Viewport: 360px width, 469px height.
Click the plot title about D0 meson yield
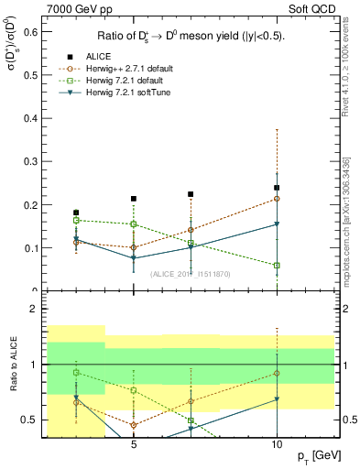pyautogui.click(x=191, y=37)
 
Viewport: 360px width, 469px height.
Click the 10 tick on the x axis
pyautogui.click(x=277, y=444)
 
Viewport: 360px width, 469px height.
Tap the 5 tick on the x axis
pyautogui.click(x=134, y=444)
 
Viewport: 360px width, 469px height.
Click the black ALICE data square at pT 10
pyautogui.click(x=277, y=188)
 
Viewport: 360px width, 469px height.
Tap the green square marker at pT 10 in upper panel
pyautogui.click(x=277, y=266)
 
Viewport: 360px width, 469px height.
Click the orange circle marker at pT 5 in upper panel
pyautogui.click(x=134, y=247)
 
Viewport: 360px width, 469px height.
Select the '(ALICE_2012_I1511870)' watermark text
pyautogui.click(x=191, y=273)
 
